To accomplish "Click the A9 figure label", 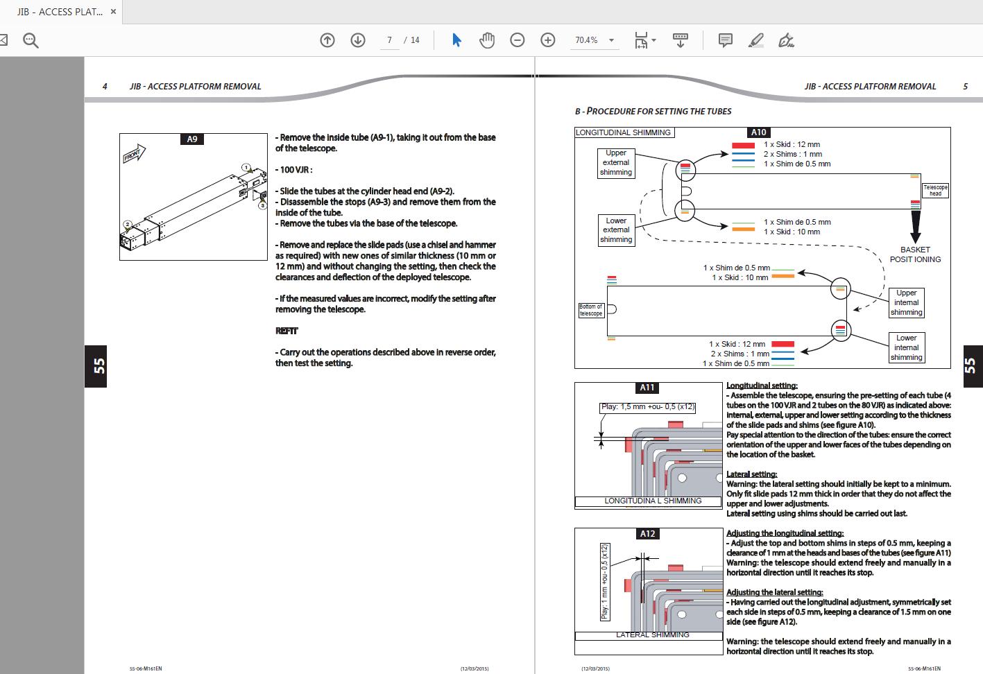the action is [192, 139].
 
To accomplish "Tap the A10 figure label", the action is [758, 132].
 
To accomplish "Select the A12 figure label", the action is [647, 533].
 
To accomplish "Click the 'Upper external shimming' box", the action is [616, 163].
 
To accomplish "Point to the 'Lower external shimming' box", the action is [616, 230].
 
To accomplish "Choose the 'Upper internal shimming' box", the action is [906, 302].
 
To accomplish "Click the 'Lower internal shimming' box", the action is [906, 347].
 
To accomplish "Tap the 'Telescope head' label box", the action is [935, 190].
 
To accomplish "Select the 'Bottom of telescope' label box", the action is [590, 310].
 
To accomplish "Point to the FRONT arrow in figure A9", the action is [135, 154].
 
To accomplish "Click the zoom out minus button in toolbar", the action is [518, 40].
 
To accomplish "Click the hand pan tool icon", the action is [487, 40].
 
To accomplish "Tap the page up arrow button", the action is [327, 40].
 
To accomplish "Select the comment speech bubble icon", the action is [725, 40].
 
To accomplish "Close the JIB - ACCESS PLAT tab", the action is [113, 12].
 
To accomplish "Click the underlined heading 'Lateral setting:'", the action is [752, 474].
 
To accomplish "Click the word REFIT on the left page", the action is [287, 331].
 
